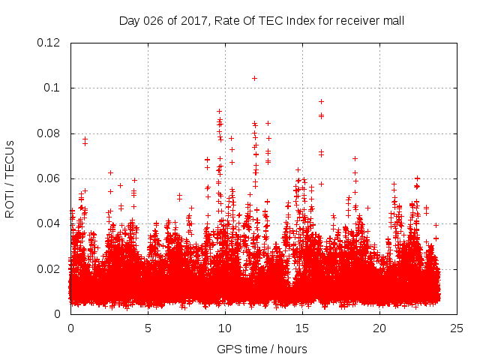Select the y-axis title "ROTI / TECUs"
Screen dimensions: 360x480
coord(10,178)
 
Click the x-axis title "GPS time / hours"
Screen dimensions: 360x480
coord(262,349)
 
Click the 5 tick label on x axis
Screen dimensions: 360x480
coord(148,328)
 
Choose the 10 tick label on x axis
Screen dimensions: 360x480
coord(225,328)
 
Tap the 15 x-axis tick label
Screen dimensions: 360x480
coord(302,328)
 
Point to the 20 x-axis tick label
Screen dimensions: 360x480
coord(379,328)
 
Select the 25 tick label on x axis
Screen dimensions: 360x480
coord(456,328)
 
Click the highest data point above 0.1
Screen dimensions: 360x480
coord(254,78)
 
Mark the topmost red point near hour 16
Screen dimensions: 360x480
coord(321,101)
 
